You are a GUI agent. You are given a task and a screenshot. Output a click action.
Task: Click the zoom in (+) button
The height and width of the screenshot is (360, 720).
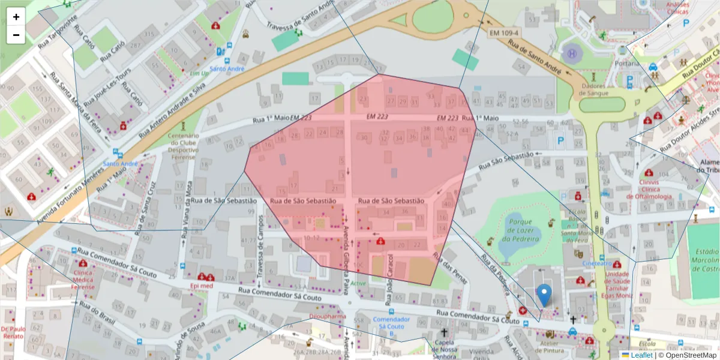coord(16,17)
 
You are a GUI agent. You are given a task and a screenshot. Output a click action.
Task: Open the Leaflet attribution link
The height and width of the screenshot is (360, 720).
coord(641,355)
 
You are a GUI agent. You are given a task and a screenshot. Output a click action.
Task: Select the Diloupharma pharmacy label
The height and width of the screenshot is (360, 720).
coord(328,316)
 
